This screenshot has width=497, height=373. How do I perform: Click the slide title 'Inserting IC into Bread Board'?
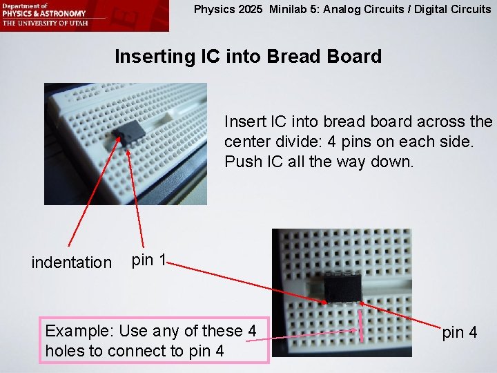tap(248, 56)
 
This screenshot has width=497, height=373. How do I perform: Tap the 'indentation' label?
tap(71, 262)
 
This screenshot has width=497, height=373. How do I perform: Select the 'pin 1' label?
tap(148, 260)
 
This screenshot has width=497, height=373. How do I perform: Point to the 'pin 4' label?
tap(459, 332)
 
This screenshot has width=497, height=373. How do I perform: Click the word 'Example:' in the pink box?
tap(74, 331)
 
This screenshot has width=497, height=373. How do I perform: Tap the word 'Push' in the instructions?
tap(240, 162)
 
